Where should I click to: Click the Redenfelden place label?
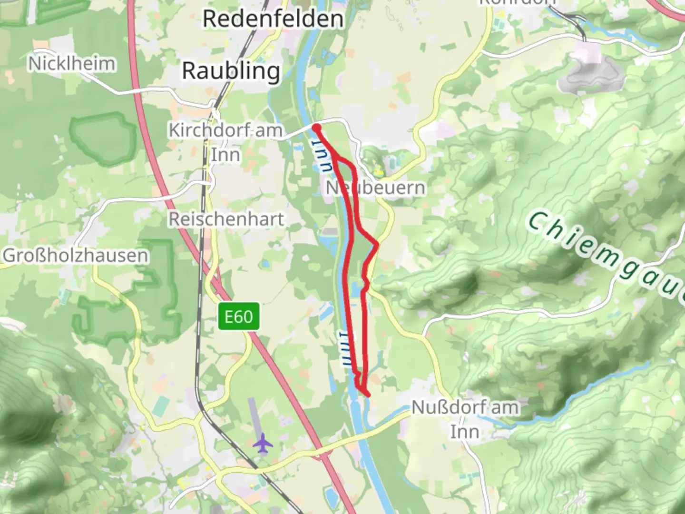point(273,20)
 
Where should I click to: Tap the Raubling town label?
point(231,71)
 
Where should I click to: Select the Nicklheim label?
point(72,63)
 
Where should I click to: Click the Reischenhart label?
point(226,219)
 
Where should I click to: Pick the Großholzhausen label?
point(76,256)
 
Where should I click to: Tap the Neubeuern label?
point(375,188)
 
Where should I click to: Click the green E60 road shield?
point(239,316)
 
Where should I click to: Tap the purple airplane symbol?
point(263,444)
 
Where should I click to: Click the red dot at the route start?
point(316,127)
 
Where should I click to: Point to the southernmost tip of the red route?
point(368,394)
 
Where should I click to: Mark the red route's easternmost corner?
point(378,244)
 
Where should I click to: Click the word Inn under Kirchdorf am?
point(225,155)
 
